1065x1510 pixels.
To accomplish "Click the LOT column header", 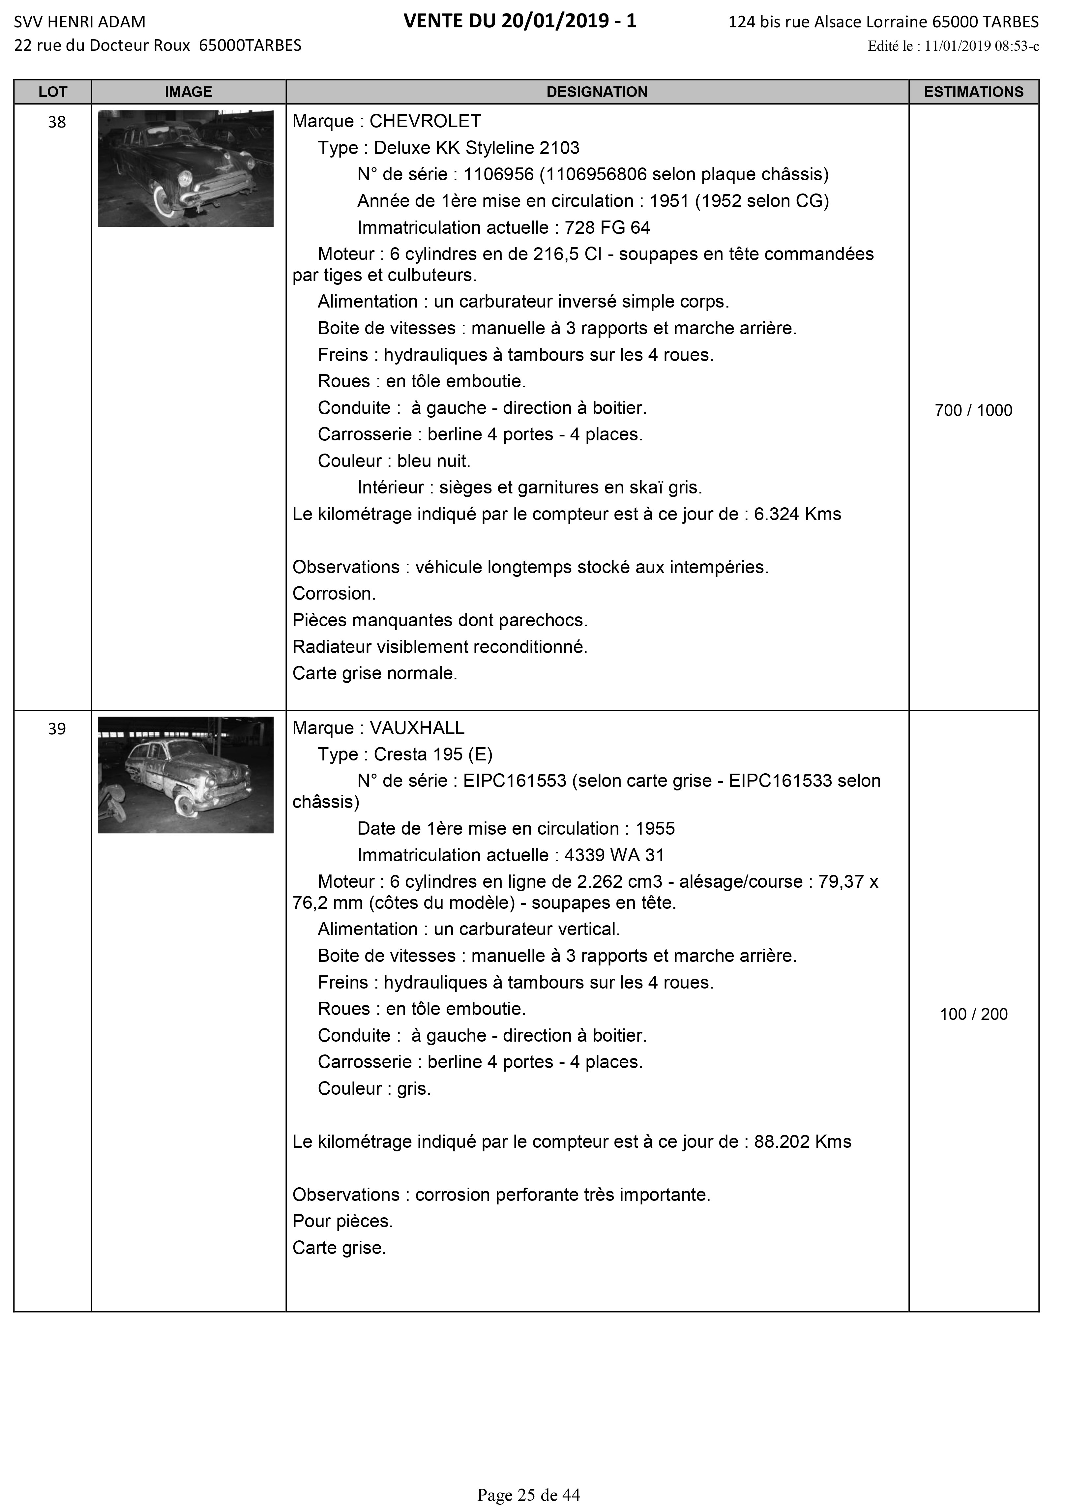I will (x=53, y=92).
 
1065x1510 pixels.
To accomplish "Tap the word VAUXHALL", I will (x=416, y=728).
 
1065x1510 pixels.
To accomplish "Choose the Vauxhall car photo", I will (x=186, y=775).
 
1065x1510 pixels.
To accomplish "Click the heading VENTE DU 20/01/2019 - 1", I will (x=520, y=22).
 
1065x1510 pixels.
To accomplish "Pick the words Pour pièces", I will (x=343, y=1221).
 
